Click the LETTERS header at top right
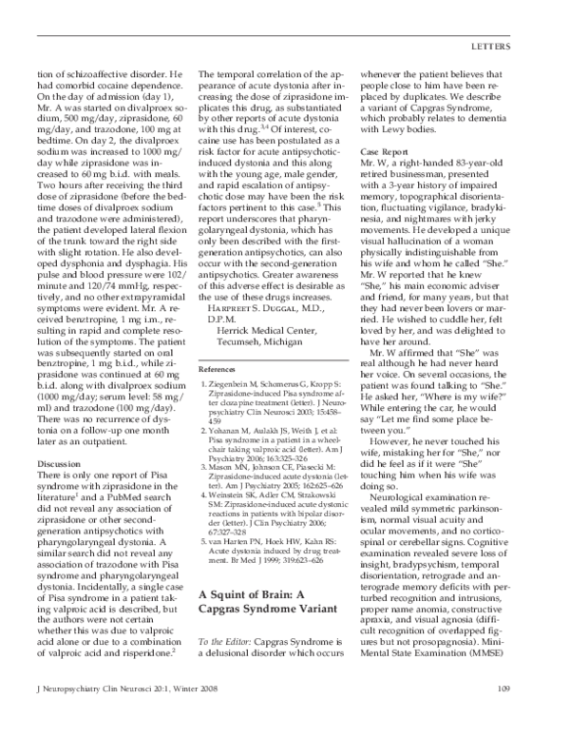tap(511, 46)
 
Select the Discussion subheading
tap(60, 463)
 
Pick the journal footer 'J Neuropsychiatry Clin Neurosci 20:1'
tap(123, 716)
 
